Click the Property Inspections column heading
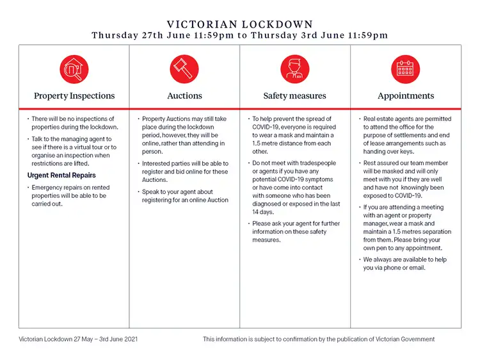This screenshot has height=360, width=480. (x=74, y=96)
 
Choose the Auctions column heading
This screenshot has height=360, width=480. (x=184, y=96)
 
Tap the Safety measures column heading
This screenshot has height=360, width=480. (x=294, y=96)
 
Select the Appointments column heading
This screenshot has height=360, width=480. (x=406, y=96)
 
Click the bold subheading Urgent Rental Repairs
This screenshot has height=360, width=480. (x=61, y=176)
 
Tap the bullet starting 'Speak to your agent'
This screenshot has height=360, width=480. (x=185, y=196)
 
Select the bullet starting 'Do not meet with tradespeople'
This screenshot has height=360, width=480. (x=294, y=188)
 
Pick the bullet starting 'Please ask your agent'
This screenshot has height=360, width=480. (x=294, y=232)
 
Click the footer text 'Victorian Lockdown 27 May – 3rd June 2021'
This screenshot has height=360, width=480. (x=78, y=339)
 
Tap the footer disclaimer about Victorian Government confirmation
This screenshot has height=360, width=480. (x=319, y=339)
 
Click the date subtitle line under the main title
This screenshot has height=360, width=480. (x=240, y=35)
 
